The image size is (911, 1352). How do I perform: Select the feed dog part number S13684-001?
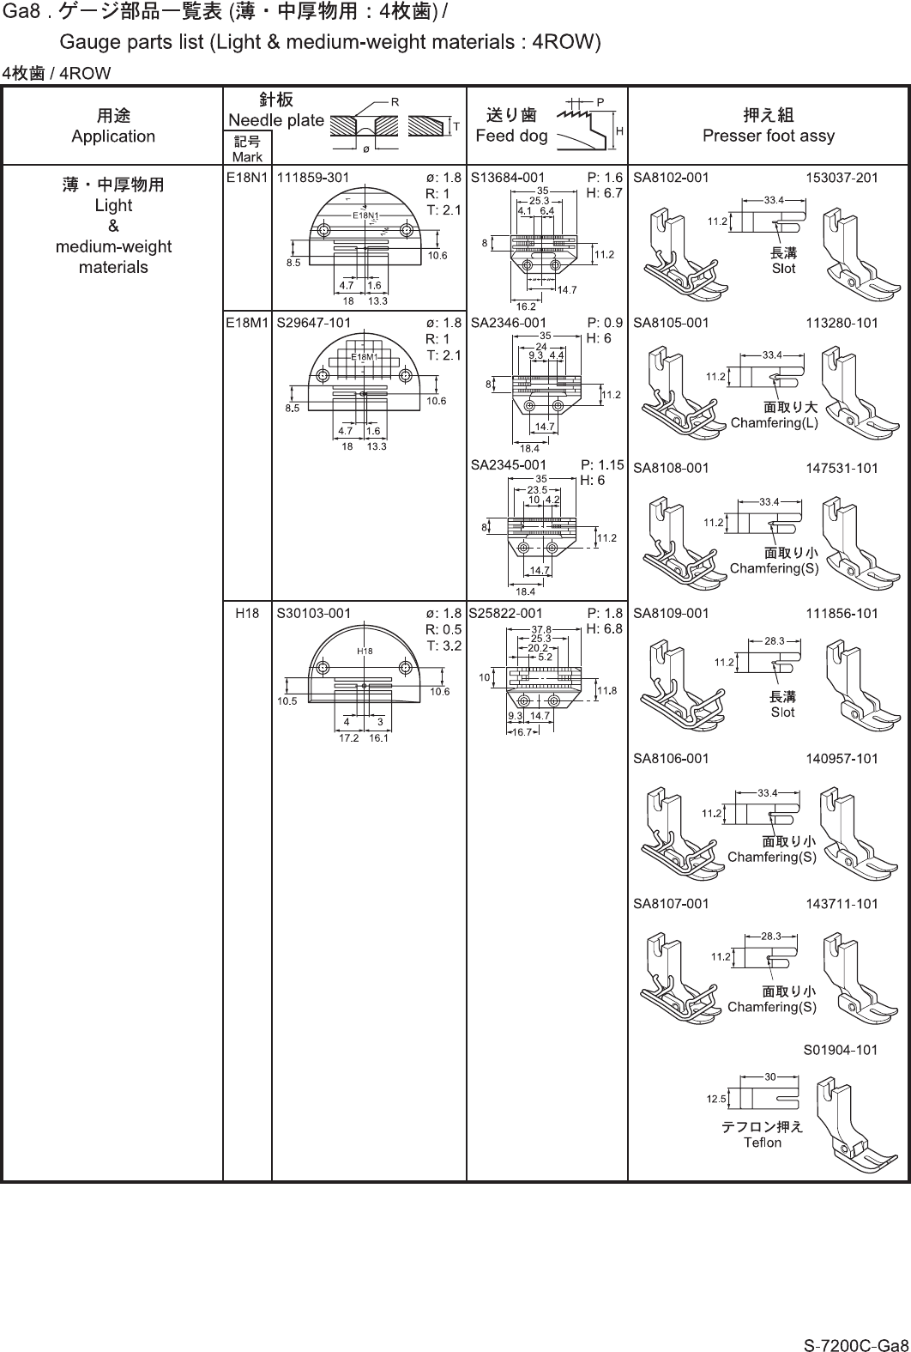pyautogui.click(x=508, y=178)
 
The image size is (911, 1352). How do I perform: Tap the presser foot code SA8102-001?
pyautogui.click(x=671, y=178)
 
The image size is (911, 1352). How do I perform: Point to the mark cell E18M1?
pyautogui.click(x=247, y=323)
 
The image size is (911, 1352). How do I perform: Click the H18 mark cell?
pyautogui.click(x=247, y=614)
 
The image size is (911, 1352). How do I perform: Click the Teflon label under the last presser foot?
pyautogui.click(x=763, y=1142)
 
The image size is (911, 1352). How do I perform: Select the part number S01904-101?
pyautogui.click(x=841, y=1049)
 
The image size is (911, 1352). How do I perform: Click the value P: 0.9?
pyautogui.click(x=605, y=323)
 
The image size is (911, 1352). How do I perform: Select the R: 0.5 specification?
pyautogui.click(x=443, y=629)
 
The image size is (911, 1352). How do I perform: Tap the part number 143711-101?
pyautogui.click(x=842, y=904)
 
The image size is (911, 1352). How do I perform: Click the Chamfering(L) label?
pyautogui.click(x=775, y=422)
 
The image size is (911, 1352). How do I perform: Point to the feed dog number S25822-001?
pyautogui.click(x=506, y=614)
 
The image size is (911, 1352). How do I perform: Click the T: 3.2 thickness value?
pyautogui.click(x=443, y=646)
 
